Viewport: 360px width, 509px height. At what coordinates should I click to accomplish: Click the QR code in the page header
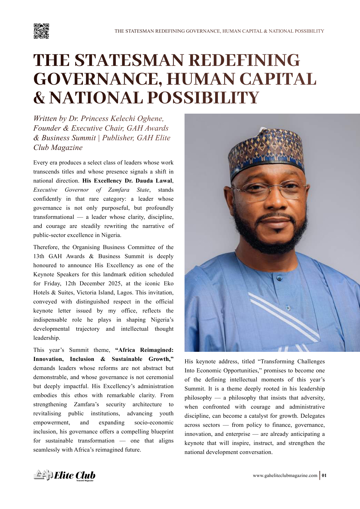[x=41, y=31]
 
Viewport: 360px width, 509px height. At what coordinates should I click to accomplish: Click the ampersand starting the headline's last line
[x=39, y=98]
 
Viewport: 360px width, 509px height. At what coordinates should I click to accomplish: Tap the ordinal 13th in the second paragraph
[x=39, y=256]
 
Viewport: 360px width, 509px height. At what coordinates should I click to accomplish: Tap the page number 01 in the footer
[x=324, y=475]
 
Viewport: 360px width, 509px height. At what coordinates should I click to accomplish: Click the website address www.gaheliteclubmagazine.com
[x=285, y=475]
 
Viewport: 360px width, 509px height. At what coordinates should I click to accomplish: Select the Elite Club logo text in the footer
[x=74, y=475]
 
